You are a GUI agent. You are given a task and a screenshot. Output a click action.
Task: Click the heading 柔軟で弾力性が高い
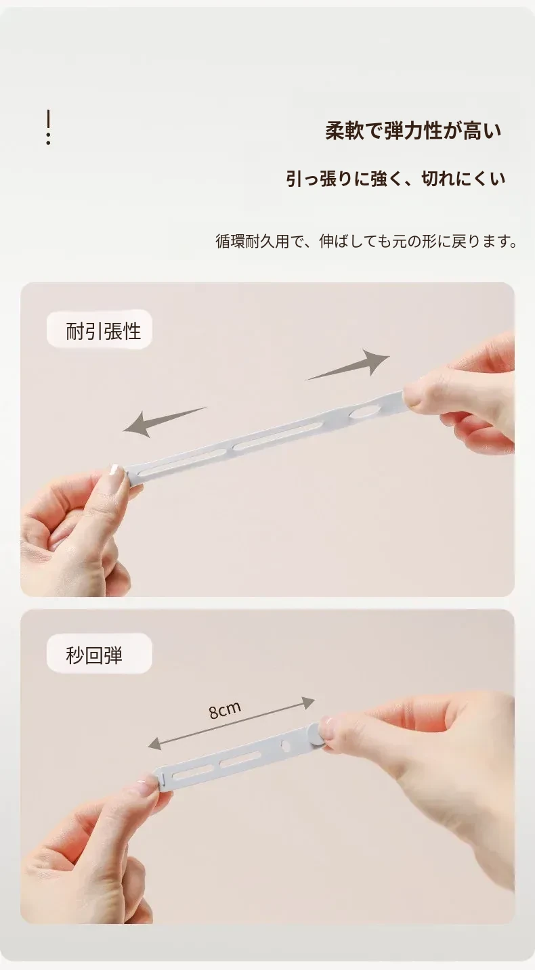click(413, 131)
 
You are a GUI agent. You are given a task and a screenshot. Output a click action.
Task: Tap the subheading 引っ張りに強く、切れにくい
click(395, 179)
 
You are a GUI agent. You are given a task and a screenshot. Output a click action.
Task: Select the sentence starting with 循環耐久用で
click(366, 241)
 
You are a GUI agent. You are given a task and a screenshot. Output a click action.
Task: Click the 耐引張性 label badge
click(99, 329)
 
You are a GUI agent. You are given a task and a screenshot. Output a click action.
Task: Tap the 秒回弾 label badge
click(99, 653)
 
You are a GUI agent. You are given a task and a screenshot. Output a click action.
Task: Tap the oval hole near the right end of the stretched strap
click(364, 412)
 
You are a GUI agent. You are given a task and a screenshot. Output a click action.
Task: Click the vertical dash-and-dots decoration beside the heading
click(48, 127)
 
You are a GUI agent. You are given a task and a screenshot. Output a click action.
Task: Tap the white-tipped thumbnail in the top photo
click(115, 469)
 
